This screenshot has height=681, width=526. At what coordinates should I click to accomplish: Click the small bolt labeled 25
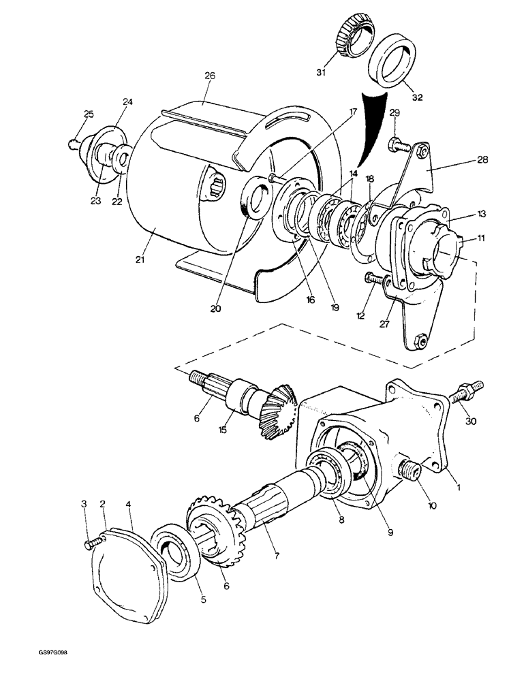click(x=74, y=143)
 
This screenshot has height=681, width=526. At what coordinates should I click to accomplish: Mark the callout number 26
click(x=210, y=76)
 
